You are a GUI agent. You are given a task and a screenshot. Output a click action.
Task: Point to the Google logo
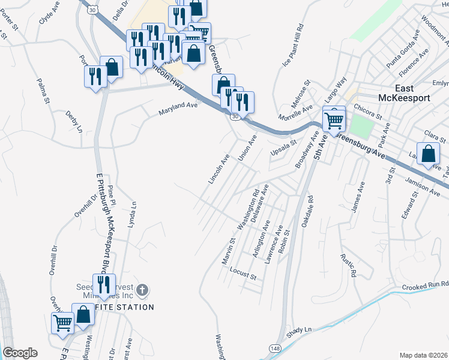20,353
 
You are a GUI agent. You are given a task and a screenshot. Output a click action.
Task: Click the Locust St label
243,274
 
